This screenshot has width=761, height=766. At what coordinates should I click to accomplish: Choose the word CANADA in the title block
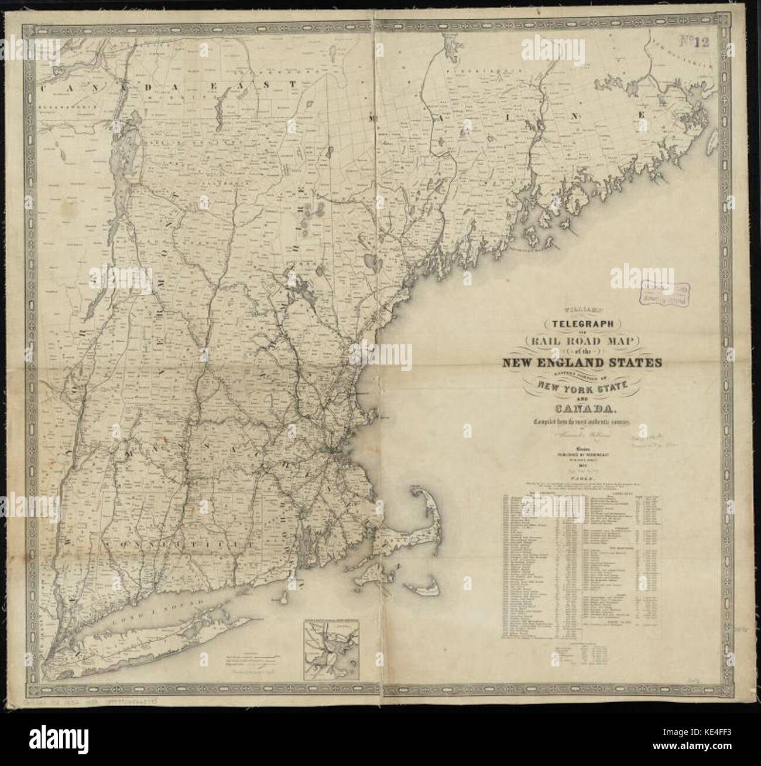coord(581,408)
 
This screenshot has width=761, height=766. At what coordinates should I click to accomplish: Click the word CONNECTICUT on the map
coord(167,544)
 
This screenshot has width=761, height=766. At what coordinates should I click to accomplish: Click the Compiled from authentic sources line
coord(581,422)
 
